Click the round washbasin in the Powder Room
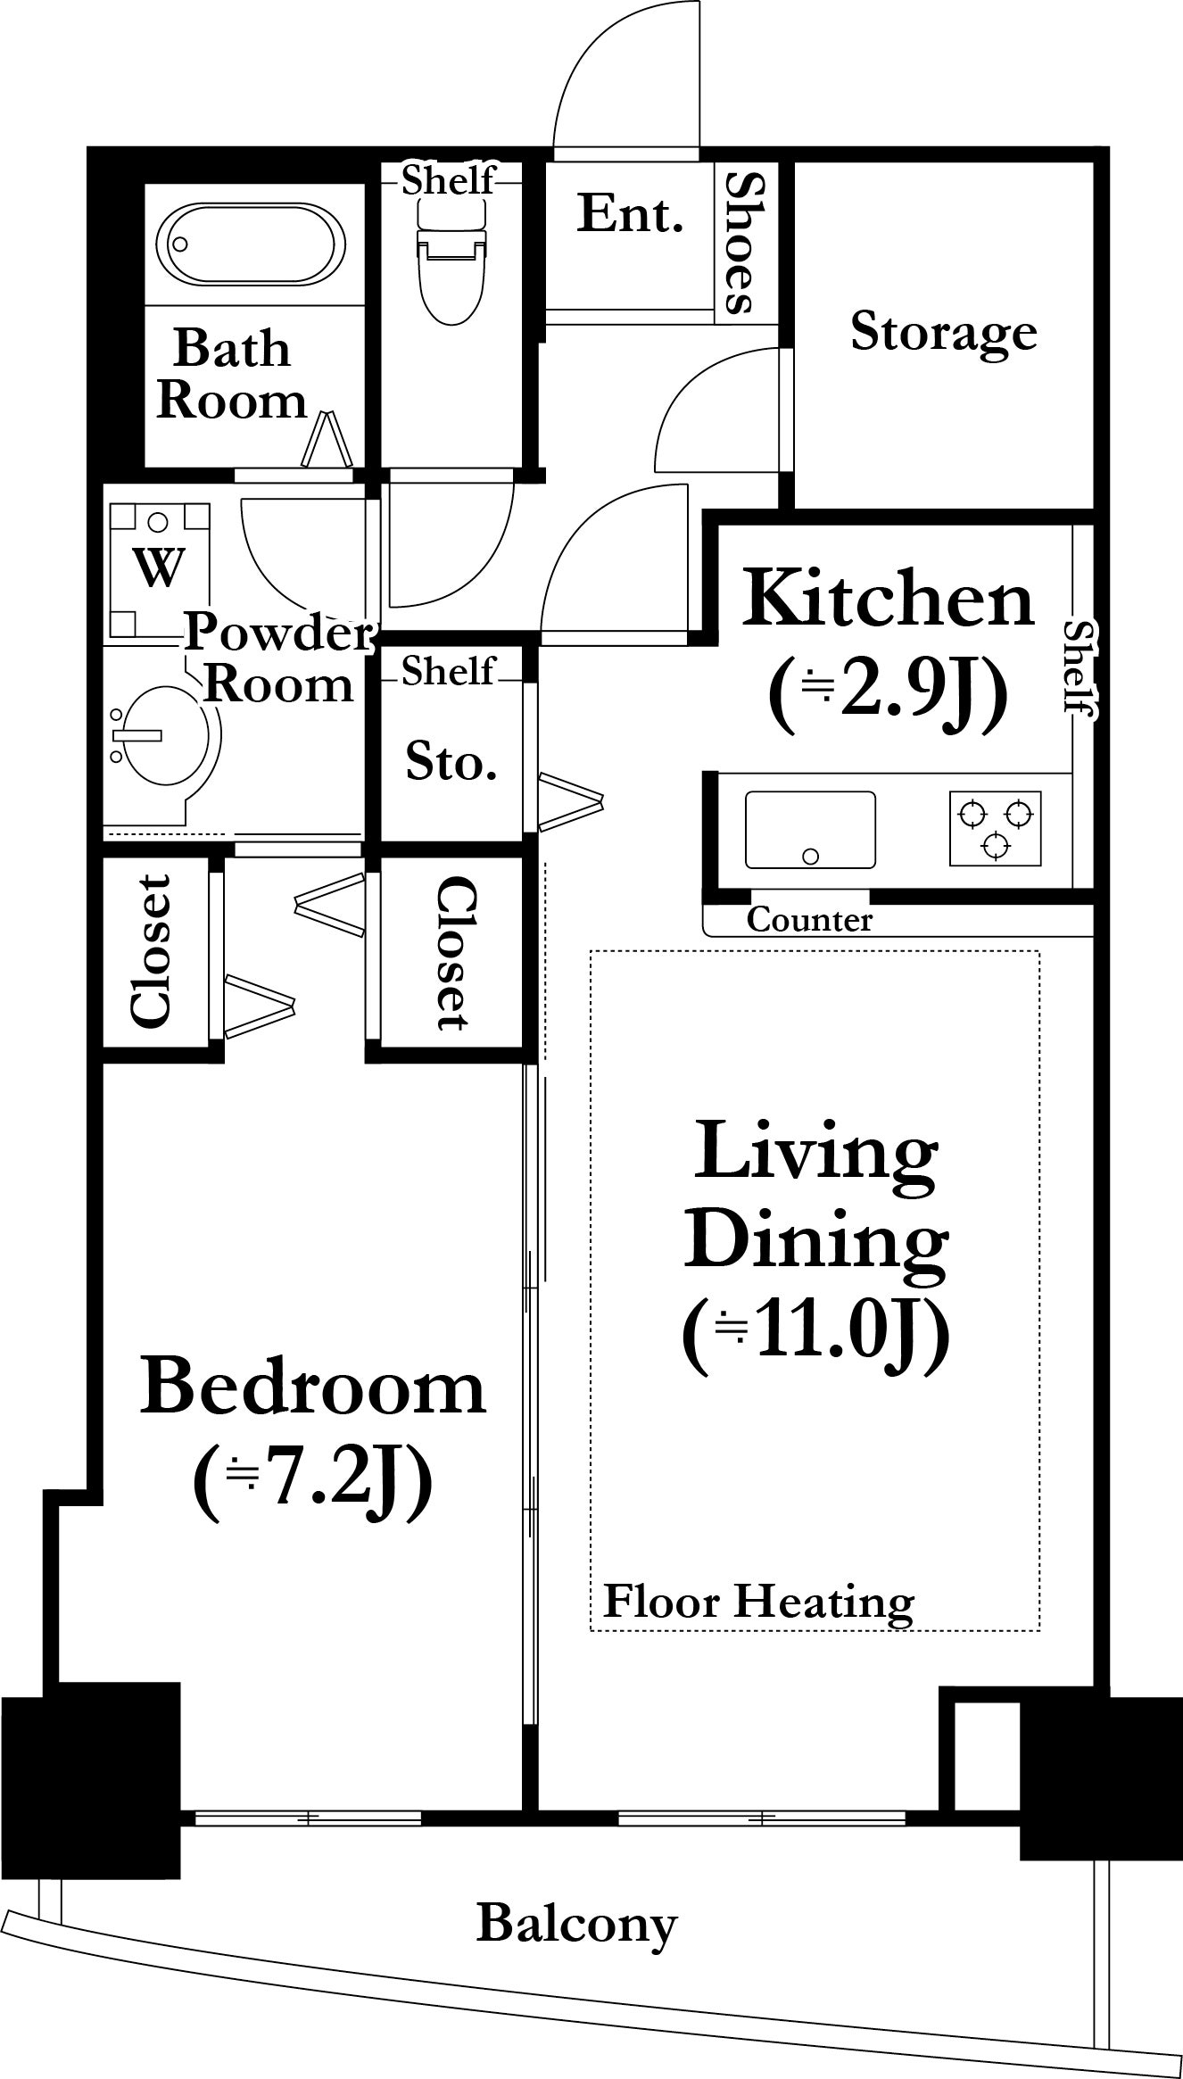(x=165, y=734)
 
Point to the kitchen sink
(x=810, y=830)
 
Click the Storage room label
(x=944, y=332)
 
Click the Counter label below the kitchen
(x=809, y=919)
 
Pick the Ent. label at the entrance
(x=630, y=214)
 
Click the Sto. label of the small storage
(x=451, y=764)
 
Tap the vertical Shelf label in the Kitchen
(x=1081, y=669)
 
